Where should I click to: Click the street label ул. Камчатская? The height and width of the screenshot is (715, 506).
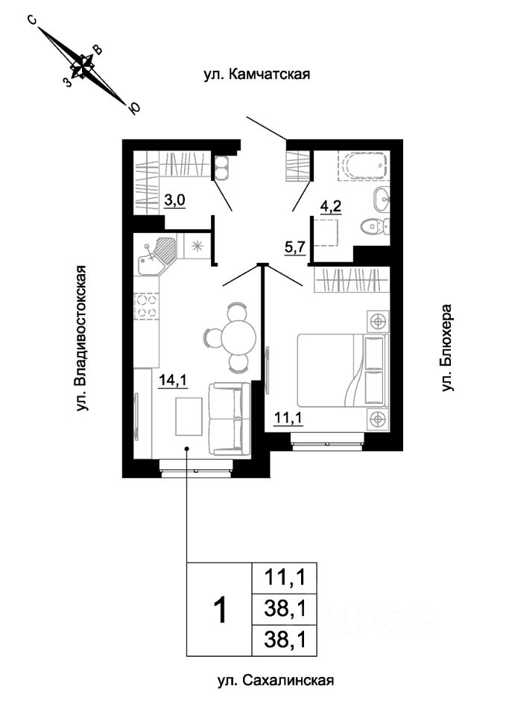tap(257, 74)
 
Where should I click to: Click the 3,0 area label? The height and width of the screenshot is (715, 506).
tap(174, 200)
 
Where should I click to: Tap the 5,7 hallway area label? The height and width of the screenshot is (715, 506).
tap(295, 247)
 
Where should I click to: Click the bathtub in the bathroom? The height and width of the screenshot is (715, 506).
tap(363, 165)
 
